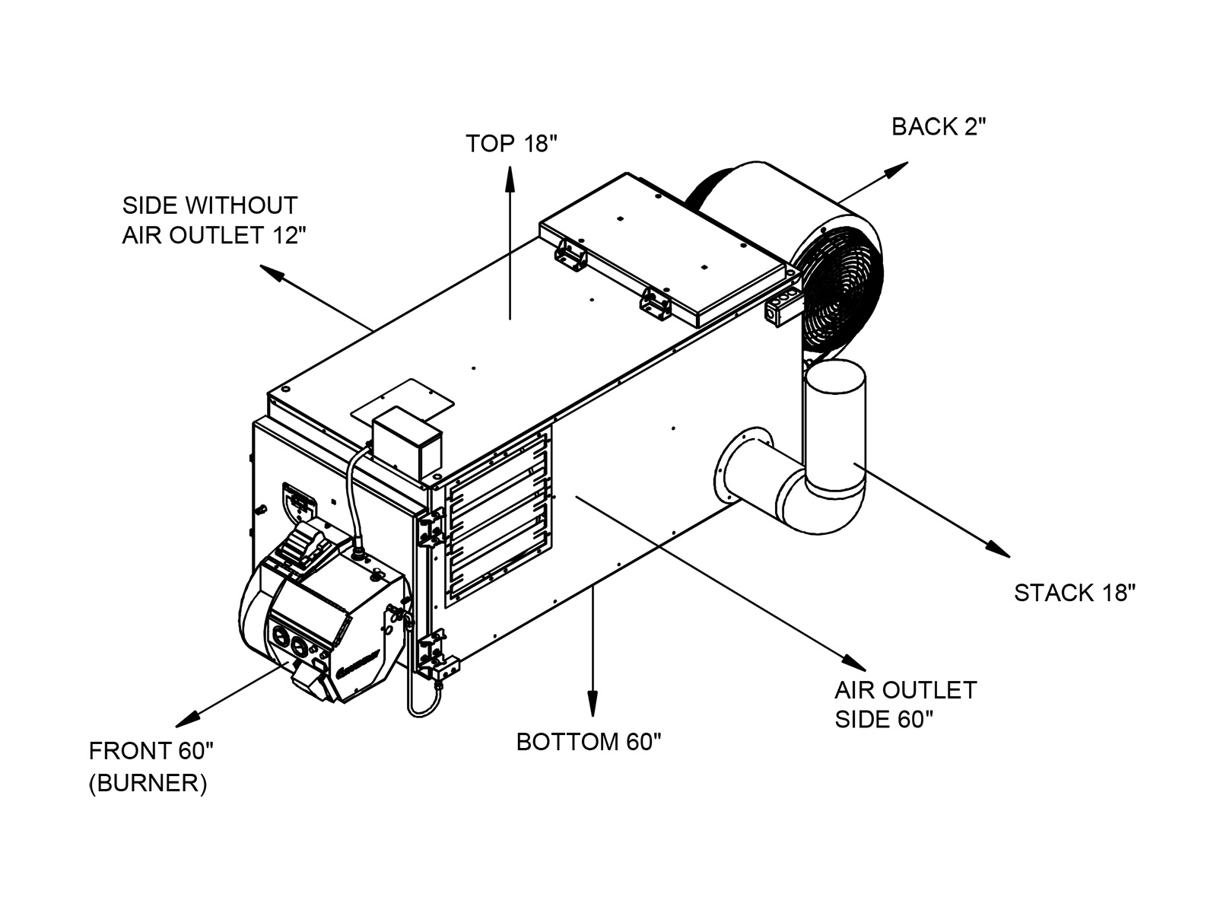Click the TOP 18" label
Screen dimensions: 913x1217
tap(511, 143)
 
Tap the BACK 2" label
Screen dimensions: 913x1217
tap(938, 126)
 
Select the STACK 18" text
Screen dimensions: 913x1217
tap(1074, 593)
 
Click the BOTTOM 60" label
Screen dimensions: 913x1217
tap(589, 741)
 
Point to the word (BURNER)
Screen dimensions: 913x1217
tap(148, 784)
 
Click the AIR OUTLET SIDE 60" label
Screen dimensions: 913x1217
tap(905, 705)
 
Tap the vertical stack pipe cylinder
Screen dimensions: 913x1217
tap(834, 426)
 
